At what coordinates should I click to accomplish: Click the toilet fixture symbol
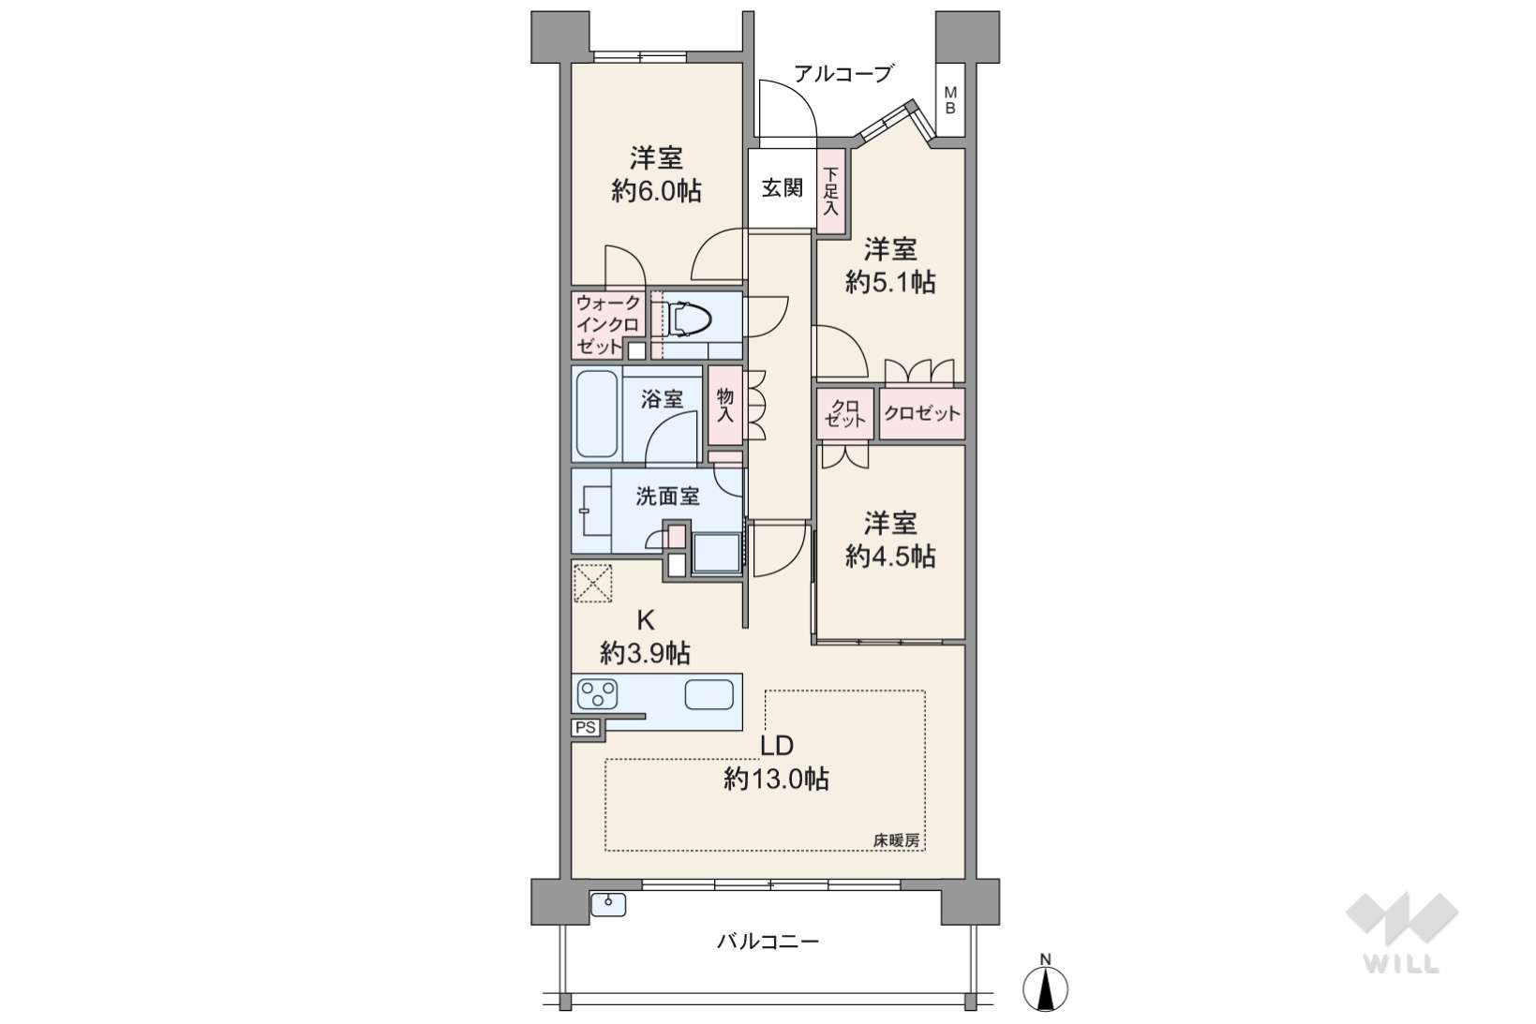(688, 320)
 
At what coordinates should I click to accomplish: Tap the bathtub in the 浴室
(597, 413)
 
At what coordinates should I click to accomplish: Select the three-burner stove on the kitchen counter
(597, 693)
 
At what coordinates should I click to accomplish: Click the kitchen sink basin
(709, 694)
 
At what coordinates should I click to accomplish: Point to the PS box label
(586, 728)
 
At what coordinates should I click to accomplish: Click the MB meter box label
(950, 100)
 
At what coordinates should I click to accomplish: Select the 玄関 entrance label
(782, 187)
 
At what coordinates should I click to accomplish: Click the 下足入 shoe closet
(830, 192)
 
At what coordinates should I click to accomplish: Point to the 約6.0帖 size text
(656, 191)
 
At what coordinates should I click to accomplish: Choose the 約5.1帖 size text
(890, 282)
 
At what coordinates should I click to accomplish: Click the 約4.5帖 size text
(890, 557)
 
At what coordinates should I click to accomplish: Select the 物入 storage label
(724, 405)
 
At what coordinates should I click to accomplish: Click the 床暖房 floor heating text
(896, 840)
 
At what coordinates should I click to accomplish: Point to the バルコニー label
(768, 942)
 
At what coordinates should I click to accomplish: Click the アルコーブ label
(843, 73)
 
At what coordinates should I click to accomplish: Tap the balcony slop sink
(608, 905)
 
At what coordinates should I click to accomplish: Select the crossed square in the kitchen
(592, 583)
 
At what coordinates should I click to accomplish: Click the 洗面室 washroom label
(667, 497)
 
